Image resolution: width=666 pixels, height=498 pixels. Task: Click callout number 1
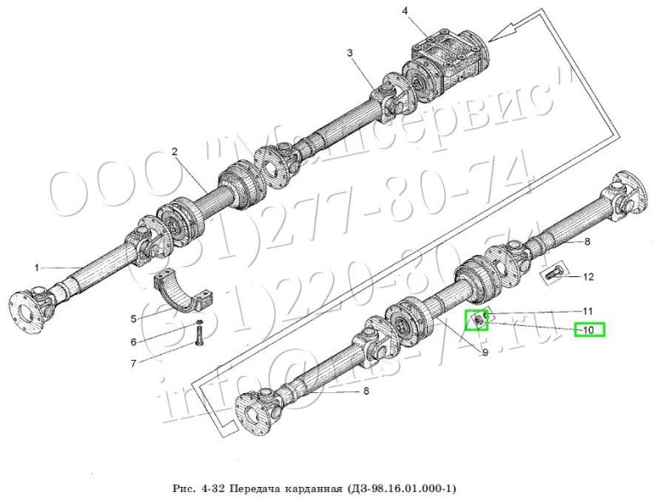pos(38,268)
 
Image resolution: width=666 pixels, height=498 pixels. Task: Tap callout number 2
pos(174,152)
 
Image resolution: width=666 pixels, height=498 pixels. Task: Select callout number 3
pos(350,53)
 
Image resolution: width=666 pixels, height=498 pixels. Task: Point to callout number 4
pos(406,10)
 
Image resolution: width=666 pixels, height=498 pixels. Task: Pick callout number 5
pos(133,318)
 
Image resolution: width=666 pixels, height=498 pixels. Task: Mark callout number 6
pos(133,342)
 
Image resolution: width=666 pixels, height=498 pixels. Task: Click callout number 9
pos(485,353)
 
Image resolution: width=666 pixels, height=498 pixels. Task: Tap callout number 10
pos(588,329)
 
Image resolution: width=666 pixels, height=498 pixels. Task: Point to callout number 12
pos(588,276)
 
